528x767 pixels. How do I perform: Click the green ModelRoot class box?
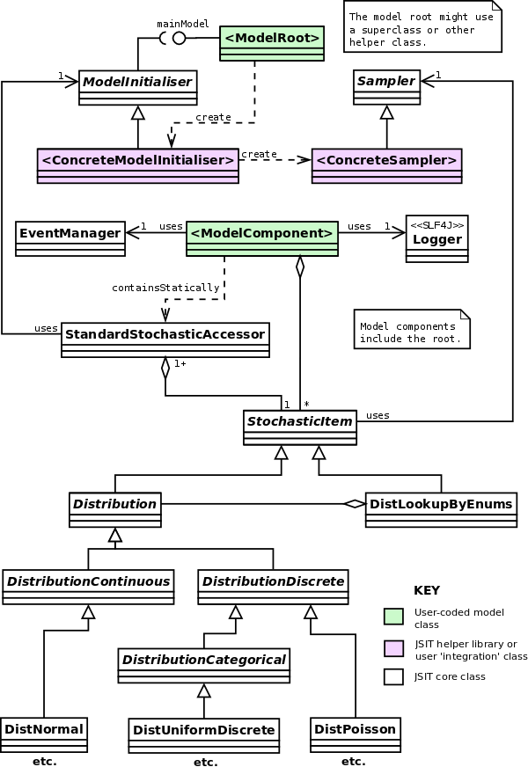click(271, 42)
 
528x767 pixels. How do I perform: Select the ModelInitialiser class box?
click(137, 87)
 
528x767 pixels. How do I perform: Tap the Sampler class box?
click(386, 87)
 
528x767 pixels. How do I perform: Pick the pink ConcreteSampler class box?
click(386, 165)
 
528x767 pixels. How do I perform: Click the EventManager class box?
click(70, 238)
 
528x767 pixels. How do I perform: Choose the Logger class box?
click(436, 238)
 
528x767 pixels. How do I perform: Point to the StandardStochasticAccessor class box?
click(165, 340)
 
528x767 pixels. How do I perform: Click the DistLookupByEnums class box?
click(441, 509)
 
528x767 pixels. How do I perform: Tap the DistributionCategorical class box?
click(204, 665)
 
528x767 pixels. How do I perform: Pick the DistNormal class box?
click(44, 734)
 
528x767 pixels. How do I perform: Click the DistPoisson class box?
click(356, 734)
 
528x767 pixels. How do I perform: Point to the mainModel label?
click(183, 24)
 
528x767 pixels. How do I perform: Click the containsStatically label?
click(165, 288)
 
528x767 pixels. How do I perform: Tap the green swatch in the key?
click(394, 616)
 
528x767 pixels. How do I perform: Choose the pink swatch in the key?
click(394, 648)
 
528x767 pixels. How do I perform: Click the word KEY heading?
click(427, 590)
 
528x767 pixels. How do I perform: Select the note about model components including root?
click(412, 330)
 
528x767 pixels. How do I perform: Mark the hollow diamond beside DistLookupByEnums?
click(354, 503)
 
